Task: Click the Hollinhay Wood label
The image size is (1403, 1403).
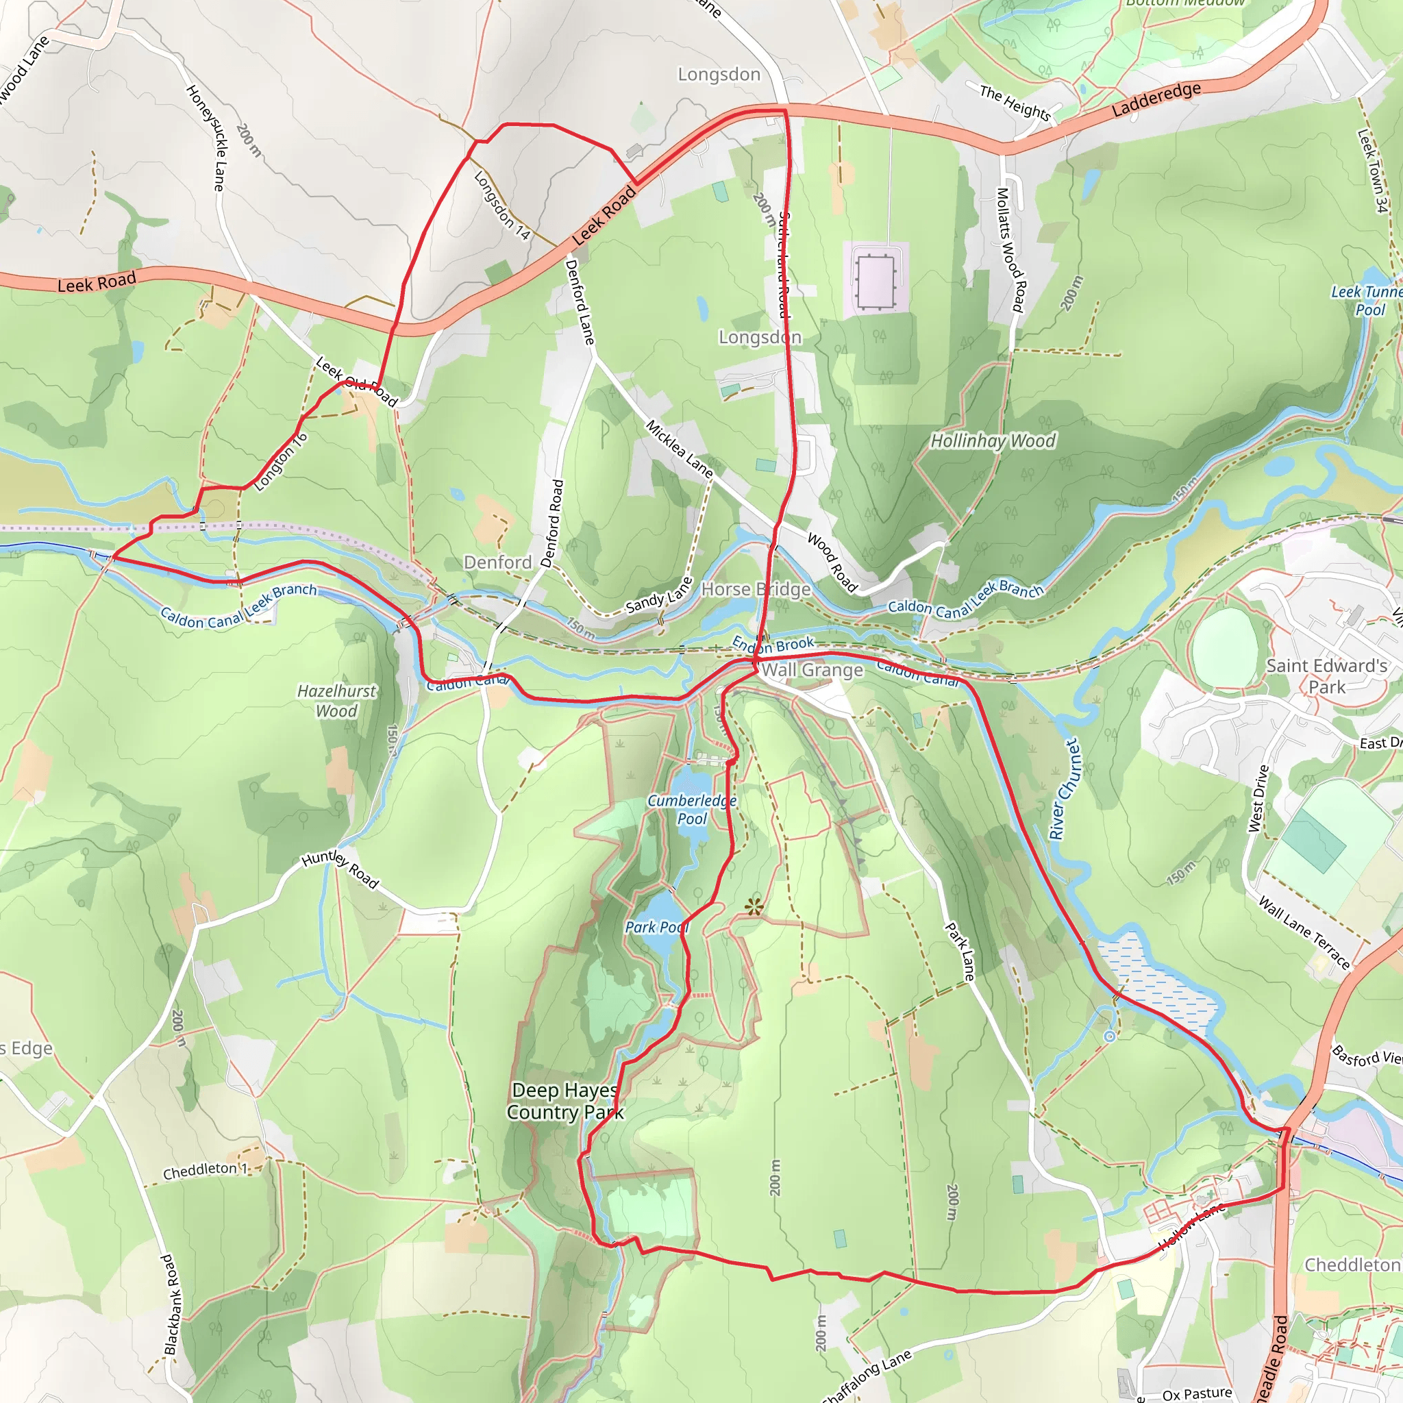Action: click(993, 440)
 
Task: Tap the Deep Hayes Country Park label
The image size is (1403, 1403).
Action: click(565, 1101)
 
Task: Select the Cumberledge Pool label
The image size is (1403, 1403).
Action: click(691, 809)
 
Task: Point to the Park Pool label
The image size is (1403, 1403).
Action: click(656, 928)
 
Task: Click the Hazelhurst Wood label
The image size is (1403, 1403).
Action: click(336, 701)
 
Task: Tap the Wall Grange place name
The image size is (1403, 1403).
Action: click(812, 670)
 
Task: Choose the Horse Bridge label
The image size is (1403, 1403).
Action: click(755, 589)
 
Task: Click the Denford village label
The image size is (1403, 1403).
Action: click(497, 562)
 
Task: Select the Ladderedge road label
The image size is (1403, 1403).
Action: click(1156, 99)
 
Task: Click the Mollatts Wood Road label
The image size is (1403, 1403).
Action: click(1009, 251)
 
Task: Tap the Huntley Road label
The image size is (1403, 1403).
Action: click(340, 869)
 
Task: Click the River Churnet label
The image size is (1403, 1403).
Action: click(1065, 789)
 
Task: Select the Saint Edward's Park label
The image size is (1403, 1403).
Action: click(1326, 676)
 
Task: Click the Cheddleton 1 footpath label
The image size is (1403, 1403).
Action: click(205, 1171)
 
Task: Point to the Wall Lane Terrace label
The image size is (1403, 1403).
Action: click(1304, 933)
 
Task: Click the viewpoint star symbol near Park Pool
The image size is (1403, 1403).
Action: click(754, 906)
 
